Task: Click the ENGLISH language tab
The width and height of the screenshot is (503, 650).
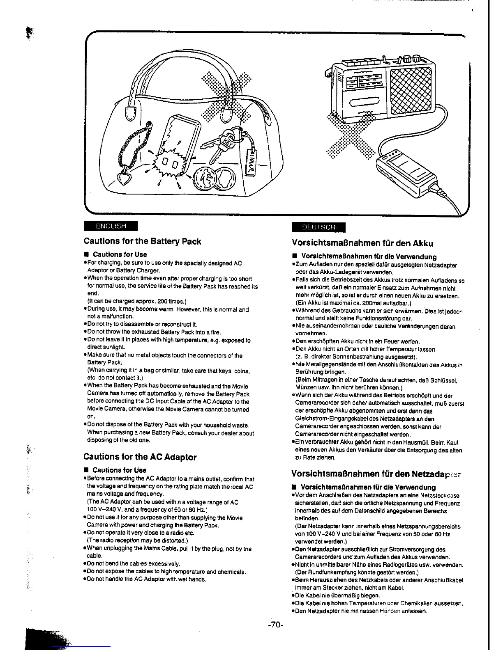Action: tap(110, 226)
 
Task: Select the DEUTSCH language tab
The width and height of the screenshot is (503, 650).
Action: tap(318, 227)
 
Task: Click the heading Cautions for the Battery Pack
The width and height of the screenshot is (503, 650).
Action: tap(142, 241)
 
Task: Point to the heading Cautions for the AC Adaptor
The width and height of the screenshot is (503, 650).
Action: tap(140, 457)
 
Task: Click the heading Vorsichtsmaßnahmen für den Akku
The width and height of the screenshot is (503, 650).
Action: tap(362, 243)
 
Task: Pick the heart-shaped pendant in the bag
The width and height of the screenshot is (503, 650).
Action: tap(124, 179)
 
